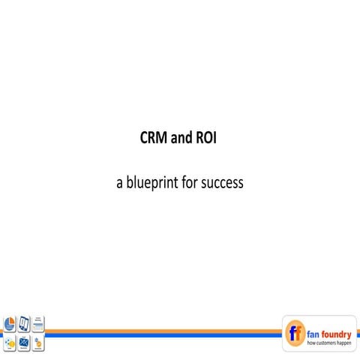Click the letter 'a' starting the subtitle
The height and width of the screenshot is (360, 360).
(119, 182)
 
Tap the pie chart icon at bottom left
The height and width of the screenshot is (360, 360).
(10, 324)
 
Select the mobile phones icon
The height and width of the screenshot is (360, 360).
(24, 324)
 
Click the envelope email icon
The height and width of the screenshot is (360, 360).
(24, 343)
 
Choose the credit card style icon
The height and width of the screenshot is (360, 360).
(38, 324)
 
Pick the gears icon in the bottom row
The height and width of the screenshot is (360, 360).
(38, 343)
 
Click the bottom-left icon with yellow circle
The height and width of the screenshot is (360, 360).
(10, 343)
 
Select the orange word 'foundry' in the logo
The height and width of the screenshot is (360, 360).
(337, 328)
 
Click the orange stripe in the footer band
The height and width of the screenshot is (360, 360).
(165, 328)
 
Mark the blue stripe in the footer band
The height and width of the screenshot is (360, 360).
(165, 334)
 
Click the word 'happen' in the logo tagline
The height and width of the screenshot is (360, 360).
(343, 342)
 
